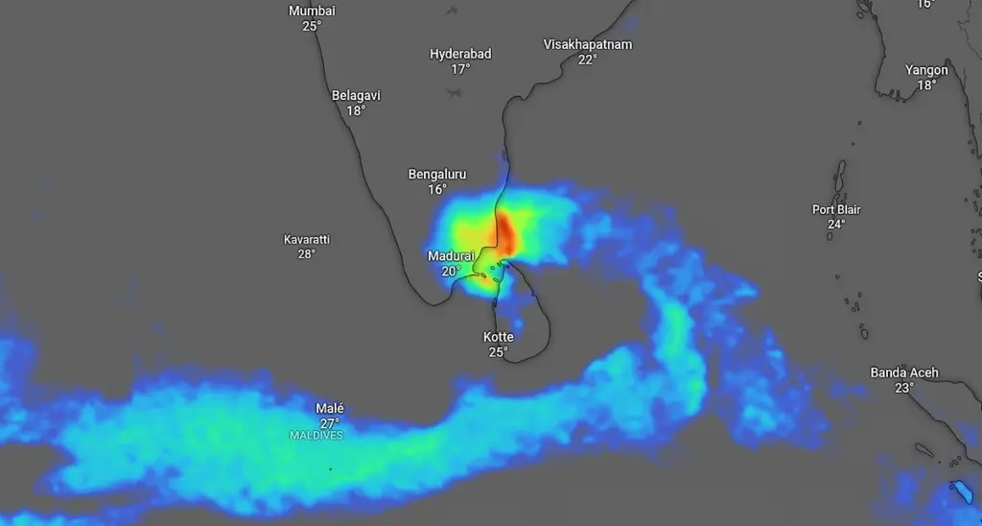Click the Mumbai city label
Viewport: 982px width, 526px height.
click(312, 11)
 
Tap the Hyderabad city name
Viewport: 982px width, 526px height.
click(460, 54)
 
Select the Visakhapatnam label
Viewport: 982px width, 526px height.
click(587, 44)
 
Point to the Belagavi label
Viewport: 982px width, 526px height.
click(356, 95)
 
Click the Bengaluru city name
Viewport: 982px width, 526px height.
click(437, 174)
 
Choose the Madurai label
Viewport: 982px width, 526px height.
click(451, 256)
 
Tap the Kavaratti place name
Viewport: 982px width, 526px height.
click(307, 239)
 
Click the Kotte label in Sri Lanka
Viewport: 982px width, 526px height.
click(498, 337)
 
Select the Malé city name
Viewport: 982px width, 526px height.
click(330, 408)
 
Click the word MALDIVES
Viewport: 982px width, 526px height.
click(316, 436)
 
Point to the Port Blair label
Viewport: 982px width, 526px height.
click(836, 209)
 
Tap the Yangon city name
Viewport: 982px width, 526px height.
click(926, 70)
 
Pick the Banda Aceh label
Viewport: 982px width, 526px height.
click(904, 372)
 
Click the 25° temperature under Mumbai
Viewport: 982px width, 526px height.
click(312, 26)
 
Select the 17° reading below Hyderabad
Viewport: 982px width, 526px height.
click(460, 69)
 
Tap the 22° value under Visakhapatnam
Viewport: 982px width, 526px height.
click(587, 60)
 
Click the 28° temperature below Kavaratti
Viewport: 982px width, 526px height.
click(307, 254)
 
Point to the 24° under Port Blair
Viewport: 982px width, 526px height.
click(836, 225)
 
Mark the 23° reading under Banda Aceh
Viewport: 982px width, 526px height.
click(904, 388)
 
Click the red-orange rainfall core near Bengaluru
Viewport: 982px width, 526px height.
click(503, 233)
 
